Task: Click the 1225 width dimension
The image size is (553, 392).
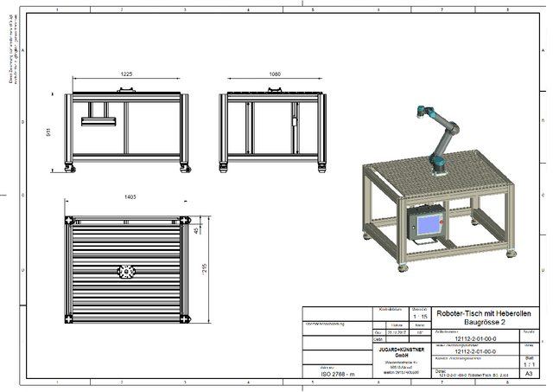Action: click(127, 74)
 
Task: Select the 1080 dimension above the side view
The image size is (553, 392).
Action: click(276, 74)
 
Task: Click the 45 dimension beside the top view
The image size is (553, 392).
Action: click(197, 230)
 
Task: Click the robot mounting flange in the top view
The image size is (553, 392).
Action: click(128, 272)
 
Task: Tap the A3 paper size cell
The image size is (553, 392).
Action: click(529, 373)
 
